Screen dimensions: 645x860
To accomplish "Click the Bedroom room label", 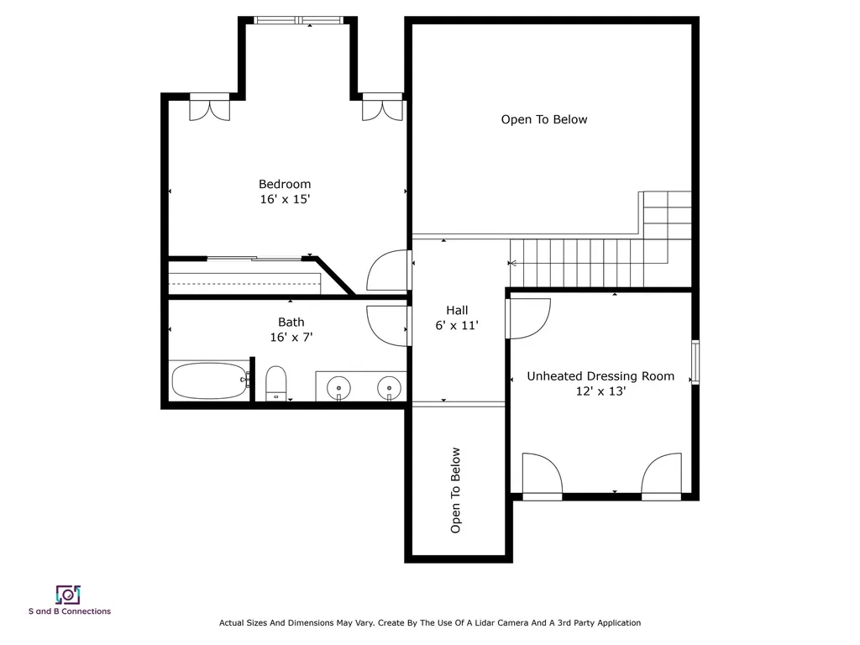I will (x=284, y=184).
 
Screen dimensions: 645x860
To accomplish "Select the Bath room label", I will (x=291, y=322).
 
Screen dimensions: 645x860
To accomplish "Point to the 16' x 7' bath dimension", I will (x=291, y=338).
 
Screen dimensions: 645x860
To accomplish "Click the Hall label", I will (x=457, y=310).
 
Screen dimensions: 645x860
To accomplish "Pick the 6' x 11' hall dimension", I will (x=457, y=326).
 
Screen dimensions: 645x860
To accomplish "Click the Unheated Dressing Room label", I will (x=600, y=376).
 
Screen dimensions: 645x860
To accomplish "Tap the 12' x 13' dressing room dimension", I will (x=600, y=391).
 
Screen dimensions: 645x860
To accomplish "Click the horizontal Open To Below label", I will (x=544, y=119).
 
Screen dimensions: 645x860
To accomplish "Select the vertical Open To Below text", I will (x=456, y=490).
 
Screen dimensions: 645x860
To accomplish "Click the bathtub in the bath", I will (x=210, y=380).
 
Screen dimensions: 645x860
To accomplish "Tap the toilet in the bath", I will (x=276, y=383).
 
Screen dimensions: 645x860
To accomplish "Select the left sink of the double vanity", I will (x=338, y=387).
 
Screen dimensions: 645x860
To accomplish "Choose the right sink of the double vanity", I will (x=388, y=387).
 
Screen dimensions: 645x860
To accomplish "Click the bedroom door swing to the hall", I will (x=389, y=271).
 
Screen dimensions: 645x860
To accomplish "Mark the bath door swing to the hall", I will (x=387, y=325).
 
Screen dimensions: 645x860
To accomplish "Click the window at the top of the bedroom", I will (x=299, y=20).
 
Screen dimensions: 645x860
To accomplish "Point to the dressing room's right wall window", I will (x=695, y=362).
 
